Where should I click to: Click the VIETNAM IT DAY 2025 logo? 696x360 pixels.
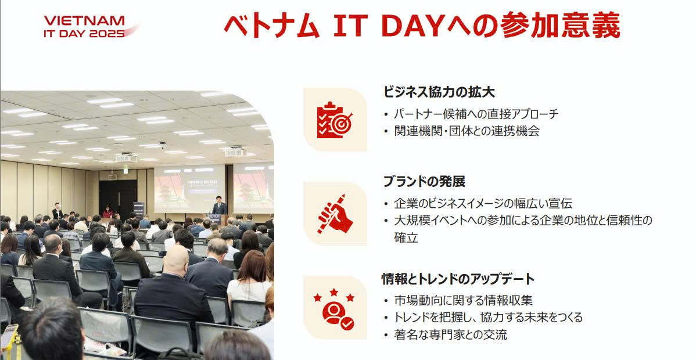[x=91, y=27]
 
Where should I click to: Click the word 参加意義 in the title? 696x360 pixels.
[x=559, y=26]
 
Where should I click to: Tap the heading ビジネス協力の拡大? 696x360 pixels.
[x=439, y=92]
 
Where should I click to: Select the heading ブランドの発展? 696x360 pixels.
[x=424, y=182]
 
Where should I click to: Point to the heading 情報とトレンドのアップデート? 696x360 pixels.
[x=458, y=279]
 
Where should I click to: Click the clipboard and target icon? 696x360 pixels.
[x=335, y=120]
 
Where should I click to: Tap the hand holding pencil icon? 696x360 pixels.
[x=335, y=214]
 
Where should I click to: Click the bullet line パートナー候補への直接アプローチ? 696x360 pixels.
[x=476, y=114]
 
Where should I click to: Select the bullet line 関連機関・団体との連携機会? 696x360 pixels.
[x=467, y=131]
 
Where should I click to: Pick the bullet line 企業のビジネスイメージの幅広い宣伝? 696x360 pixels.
[x=483, y=203]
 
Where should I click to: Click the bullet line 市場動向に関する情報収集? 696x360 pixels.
[x=463, y=300]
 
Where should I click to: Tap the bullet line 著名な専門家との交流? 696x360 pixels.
[x=450, y=334]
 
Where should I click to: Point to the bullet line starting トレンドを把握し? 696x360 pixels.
[x=488, y=318]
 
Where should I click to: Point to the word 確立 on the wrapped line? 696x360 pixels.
[x=406, y=237]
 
